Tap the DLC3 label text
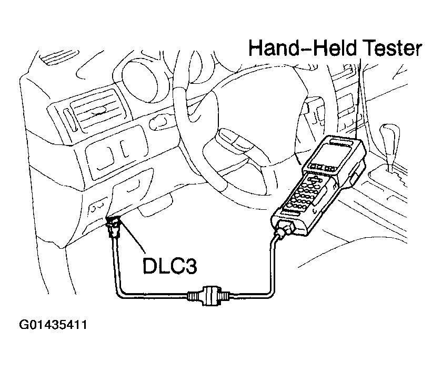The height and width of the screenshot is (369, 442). tap(169, 266)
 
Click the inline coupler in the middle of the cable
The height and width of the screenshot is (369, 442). tap(206, 294)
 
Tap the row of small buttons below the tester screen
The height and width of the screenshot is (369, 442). tap(320, 169)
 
